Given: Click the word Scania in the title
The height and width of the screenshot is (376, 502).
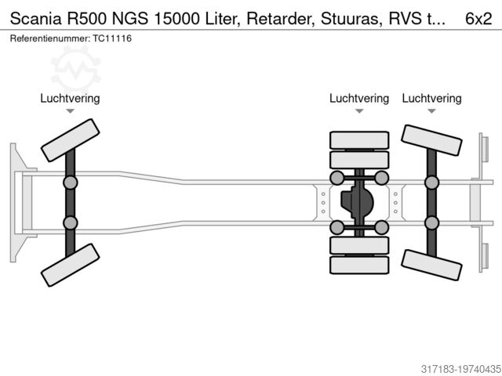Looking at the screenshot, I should point(35,18).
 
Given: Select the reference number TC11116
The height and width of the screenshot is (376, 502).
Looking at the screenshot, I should point(112,38).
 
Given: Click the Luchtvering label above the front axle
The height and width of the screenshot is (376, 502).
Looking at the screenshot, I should point(70,99).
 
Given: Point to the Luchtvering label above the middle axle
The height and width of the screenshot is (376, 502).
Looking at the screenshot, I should point(359,99).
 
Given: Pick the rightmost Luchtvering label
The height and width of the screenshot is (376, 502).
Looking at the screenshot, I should point(431,99).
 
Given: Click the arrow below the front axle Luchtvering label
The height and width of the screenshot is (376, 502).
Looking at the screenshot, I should point(70,112).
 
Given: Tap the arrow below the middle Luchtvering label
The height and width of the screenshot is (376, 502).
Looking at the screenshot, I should point(359,112).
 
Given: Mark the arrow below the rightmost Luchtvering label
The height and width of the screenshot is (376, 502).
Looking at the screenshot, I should point(431,112).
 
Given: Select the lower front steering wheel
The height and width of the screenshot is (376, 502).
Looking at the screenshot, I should point(70,263).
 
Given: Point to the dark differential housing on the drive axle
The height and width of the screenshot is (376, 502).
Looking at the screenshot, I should point(358,202).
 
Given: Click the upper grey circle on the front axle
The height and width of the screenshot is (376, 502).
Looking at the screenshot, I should point(71,183).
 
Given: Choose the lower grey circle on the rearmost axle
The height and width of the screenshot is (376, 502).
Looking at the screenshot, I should point(431,222).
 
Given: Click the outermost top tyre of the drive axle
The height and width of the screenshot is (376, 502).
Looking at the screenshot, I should point(359,140).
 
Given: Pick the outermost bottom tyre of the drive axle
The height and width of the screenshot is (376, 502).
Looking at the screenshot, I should point(359,265).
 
